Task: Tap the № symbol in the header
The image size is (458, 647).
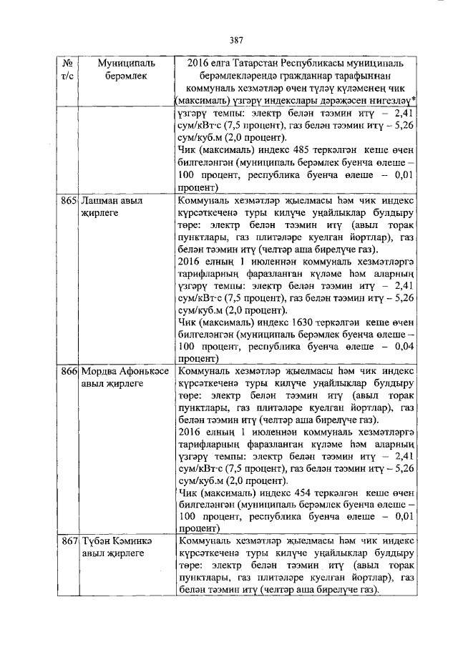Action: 69,63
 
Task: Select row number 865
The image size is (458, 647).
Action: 69,202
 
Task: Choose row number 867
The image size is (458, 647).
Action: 69,542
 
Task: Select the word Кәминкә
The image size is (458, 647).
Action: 135,542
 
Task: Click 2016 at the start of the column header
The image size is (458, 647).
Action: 200,63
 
